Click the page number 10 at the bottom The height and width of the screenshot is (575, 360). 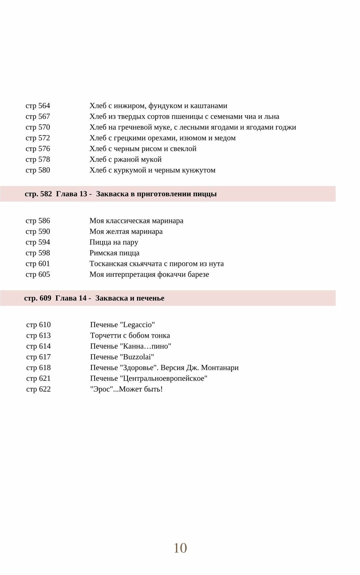(x=180, y=548)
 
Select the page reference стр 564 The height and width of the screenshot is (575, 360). (x=38, y=106)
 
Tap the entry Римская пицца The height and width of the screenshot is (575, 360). (x=114, y=253)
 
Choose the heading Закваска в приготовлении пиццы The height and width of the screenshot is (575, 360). (x=156, y=194)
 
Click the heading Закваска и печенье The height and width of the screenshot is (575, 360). (x=130, y=298)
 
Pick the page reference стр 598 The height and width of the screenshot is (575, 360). (x=38, y=253)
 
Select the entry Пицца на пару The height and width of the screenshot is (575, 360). (x=114, y=242)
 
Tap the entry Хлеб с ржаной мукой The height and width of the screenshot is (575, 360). (x=126, y=160)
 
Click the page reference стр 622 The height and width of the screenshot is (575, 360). (x=39, y=389)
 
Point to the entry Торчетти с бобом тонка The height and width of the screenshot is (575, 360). (x=130, y=336)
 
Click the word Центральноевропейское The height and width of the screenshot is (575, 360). (x=165, y=379)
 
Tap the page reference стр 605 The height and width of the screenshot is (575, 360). (x=38, y=275)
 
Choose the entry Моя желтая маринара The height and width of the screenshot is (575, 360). (x=126, y=232)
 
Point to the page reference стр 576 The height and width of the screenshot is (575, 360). (x=38, y=149)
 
